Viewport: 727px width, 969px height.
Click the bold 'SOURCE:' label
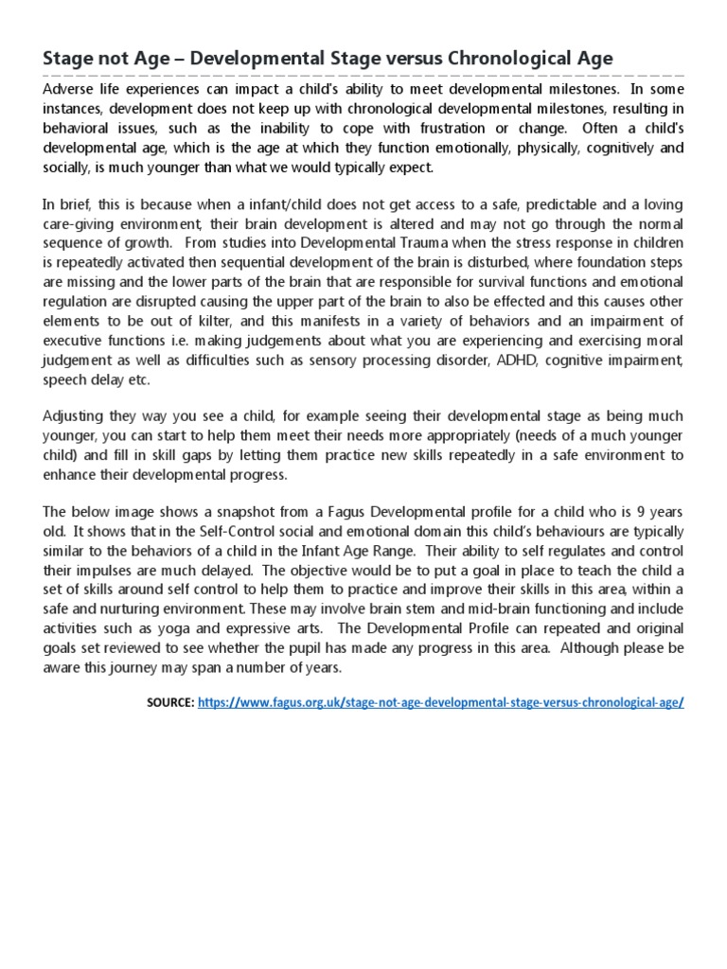click(x=170, y=703)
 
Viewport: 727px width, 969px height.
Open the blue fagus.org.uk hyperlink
click(x=441, y=703)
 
